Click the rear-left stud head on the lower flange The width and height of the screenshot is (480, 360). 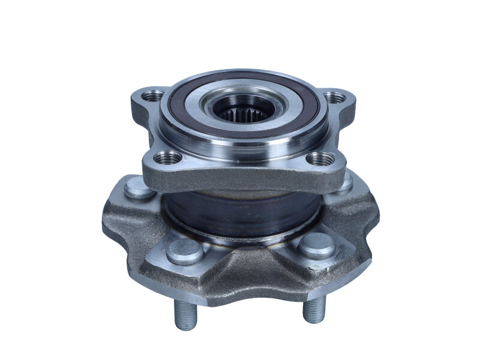coord(139,189)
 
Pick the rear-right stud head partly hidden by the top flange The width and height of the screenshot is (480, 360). coord(346,183)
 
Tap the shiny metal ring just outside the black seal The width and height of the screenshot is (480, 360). coord(180,129)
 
